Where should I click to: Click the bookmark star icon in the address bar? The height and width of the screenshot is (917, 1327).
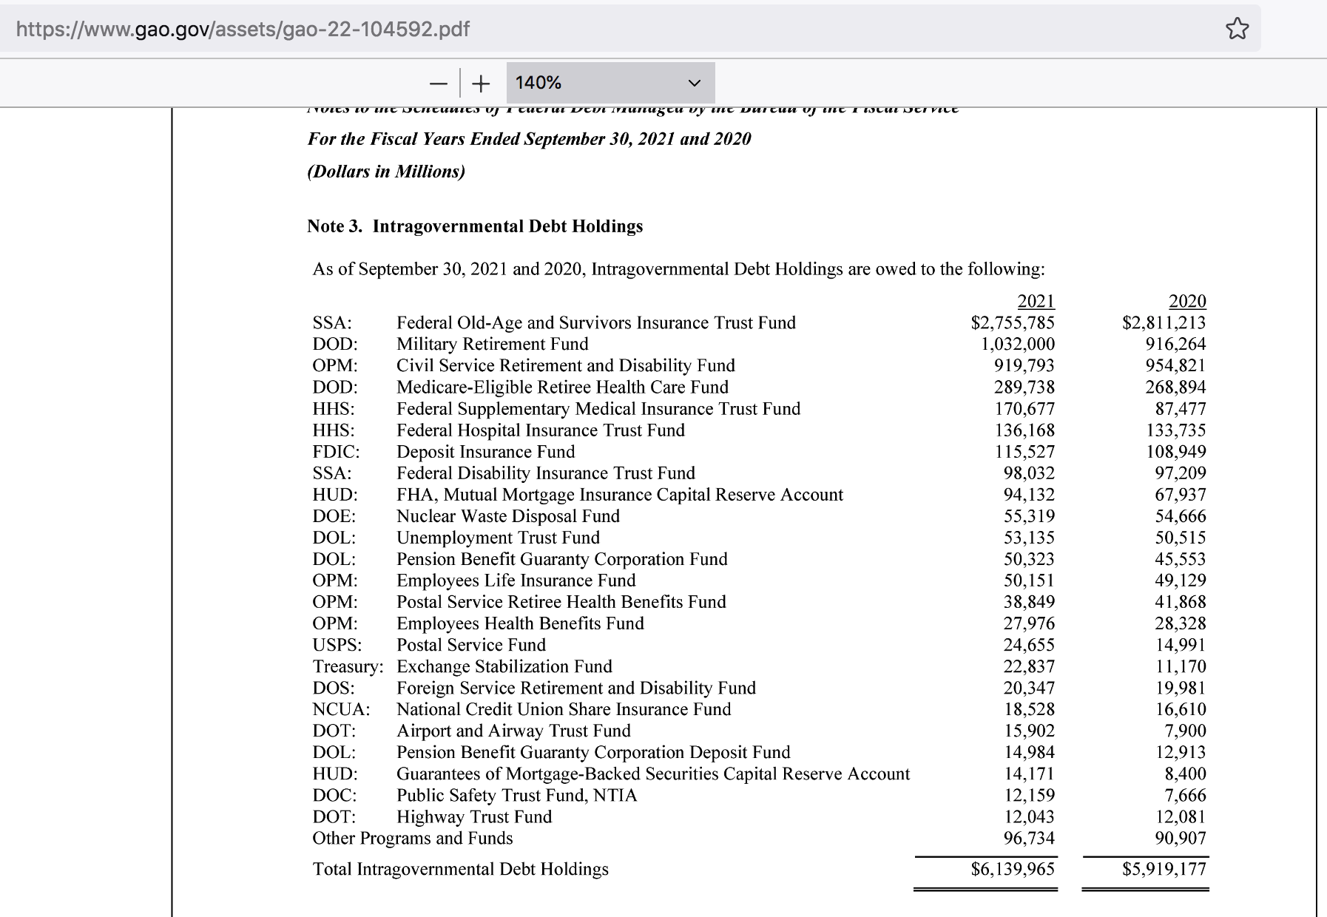pyautogui.click(x=1237, y=30)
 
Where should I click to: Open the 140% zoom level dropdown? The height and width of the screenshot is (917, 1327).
pyautogui.click(x=610, y=83)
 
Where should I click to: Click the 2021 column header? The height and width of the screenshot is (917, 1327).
pyautogui.click(x=1036, y=301)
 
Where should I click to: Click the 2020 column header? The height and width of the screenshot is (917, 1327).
pyautogui.click(x=1186, y=301)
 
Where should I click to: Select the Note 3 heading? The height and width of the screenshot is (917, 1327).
pyautogui.click(x=475, y=226)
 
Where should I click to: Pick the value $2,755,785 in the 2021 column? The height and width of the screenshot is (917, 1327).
pyautogui.click(x=1013, y=322)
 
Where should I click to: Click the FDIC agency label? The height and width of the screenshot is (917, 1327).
pyautogui.click(x=336, y=452)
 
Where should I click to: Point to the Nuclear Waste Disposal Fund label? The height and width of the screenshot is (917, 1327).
pyautogui.click(x=508, y=516)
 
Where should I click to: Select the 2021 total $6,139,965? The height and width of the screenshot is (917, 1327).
pyautogui.click(x=1013, y=869)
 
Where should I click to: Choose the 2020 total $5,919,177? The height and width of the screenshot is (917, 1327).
pyautogui.click(x=1164, y=869)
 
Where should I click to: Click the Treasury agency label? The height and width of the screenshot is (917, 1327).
pyautogui.click(x=348, y=666)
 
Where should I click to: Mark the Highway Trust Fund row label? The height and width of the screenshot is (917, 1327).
pyautogui.click(x=474, y=816)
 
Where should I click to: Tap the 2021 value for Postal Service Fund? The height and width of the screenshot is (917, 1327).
pyautogui.click(x=1029, y=645)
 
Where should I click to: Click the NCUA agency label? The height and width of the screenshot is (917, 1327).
pyautogui.click(x=341, y=709)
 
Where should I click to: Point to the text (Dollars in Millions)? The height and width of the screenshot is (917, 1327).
pyautogui.click(x=386, y=172)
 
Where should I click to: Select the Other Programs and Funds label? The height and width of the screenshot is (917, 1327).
pyautogui.click(x=412, y=838)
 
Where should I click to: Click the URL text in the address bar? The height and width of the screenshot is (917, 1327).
pyautogui.click(x=243, y=30)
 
